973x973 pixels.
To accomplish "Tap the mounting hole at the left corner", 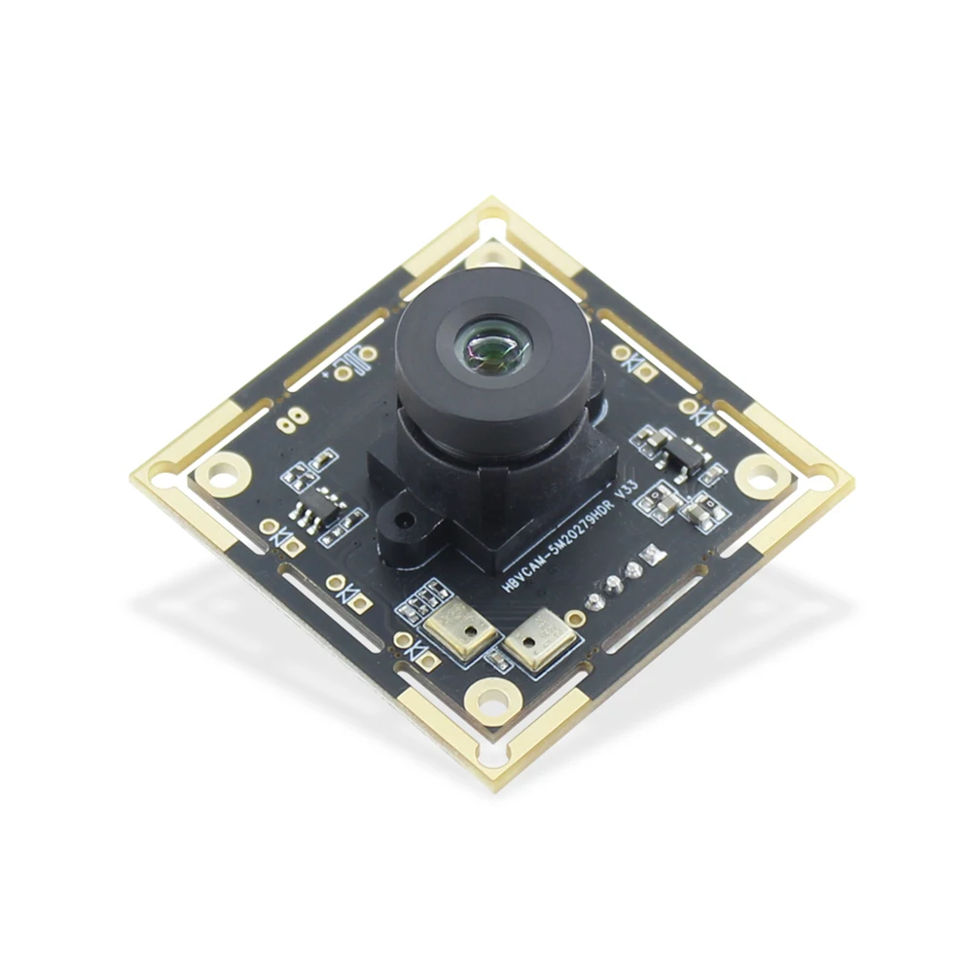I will tap(223, 474).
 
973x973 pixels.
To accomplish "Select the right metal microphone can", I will tap(534, 640).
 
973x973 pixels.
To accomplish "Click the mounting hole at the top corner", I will tap(492, 255).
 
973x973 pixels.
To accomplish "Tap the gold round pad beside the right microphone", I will tap(576, 618).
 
